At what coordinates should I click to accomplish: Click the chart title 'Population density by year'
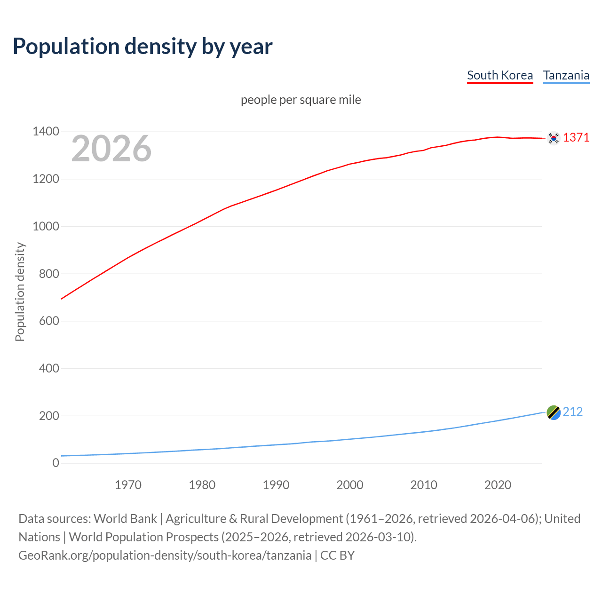143,47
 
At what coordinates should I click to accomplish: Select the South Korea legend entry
499,75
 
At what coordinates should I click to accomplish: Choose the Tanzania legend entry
566,75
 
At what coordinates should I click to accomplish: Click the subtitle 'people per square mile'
301,100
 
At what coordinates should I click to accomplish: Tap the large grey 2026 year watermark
111,149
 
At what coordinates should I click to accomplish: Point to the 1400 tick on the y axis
46,132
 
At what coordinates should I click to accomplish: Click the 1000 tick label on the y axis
46,226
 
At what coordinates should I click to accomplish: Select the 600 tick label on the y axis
49,321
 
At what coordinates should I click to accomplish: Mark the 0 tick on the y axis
56,463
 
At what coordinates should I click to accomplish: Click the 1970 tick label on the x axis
128,485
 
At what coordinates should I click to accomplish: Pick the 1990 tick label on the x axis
276,485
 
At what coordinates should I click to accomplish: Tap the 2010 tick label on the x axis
424,485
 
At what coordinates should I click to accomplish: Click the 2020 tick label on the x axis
498,485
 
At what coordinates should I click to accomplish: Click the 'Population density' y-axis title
20,292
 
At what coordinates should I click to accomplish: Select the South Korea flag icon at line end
554,138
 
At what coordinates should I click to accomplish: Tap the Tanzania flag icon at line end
554,412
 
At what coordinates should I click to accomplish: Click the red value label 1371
576,137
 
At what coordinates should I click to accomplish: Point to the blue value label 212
572,412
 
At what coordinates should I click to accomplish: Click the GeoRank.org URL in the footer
165,555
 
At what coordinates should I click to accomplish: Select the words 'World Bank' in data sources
125,519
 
